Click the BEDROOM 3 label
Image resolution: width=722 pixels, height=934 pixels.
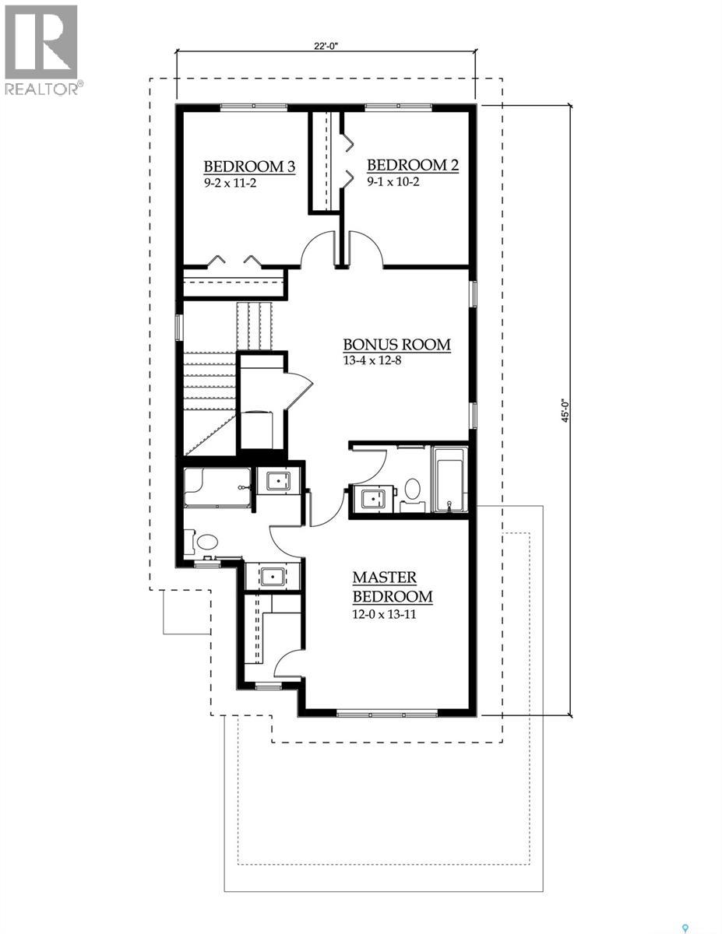(x=249, y=166)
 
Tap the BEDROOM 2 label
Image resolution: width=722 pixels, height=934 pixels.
(x=412, y=165)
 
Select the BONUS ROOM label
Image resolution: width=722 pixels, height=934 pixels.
(x=397, y=345)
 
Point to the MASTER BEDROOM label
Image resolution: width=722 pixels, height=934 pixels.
(x=392, y=588)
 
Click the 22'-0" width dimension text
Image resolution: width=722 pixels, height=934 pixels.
(x=326, y=45)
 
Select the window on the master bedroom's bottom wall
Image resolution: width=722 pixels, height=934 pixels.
(x=387, y=711)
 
